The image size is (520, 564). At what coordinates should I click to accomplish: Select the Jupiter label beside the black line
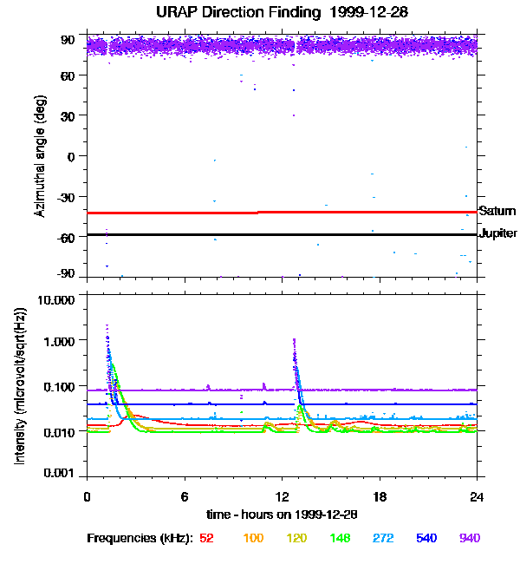pyautogui.click(x=497, y=233)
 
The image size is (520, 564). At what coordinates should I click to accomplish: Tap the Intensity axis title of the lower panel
pyautogui.click(x=20, y=386)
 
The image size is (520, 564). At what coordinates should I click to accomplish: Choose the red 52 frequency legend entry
pyautogui.click(x=206, y=538)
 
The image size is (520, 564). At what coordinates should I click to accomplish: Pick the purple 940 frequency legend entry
pyautogui.click(x=470, y=538)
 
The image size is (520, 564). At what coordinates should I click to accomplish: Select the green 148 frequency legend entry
pyautogui.click(x=340, y=538)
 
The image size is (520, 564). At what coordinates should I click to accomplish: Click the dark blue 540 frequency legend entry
pyautogui.click(x=426, y=538)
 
